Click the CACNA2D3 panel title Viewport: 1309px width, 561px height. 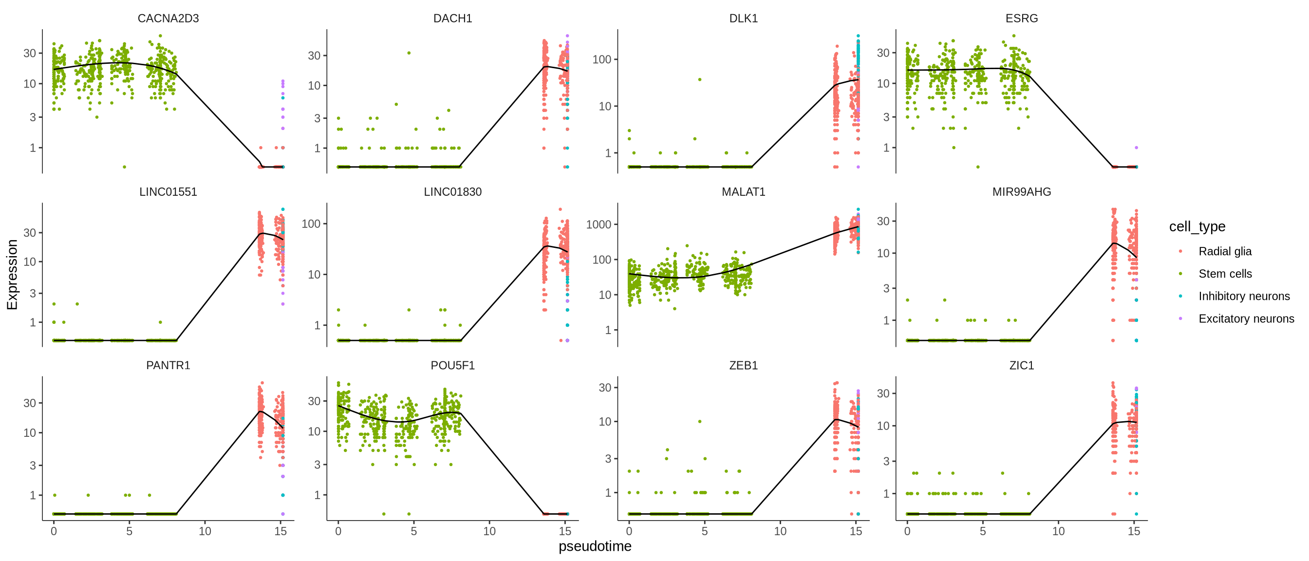click(168, 19)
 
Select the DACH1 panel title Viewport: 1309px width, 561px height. click(452, 19)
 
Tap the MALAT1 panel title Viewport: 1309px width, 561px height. click(743, 191)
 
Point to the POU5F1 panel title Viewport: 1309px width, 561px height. click(452, 365)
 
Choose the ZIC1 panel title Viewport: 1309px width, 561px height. click(1021, 365)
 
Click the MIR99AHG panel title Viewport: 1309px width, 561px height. click(1021, 191)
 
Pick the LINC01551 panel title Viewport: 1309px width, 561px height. click(168, 191)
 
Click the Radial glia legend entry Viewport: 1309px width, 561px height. click(1225, 251)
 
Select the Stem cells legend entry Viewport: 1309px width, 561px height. click(1225, 273)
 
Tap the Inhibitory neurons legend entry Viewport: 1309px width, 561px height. click(1243, 296)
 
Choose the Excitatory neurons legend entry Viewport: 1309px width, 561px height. click(1246, 318)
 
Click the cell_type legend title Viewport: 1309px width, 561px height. click(1197, 226)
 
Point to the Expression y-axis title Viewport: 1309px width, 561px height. click(12, 274)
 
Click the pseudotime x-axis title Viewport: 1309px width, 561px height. click(595, 546)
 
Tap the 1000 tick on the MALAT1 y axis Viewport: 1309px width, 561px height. click(598, 224)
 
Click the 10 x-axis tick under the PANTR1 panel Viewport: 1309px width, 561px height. click(205, 531)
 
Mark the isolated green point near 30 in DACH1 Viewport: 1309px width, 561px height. click(409, 53)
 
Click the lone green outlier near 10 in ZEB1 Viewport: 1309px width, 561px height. click(700, 421)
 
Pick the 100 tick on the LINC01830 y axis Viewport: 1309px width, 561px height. click(311, 224)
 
